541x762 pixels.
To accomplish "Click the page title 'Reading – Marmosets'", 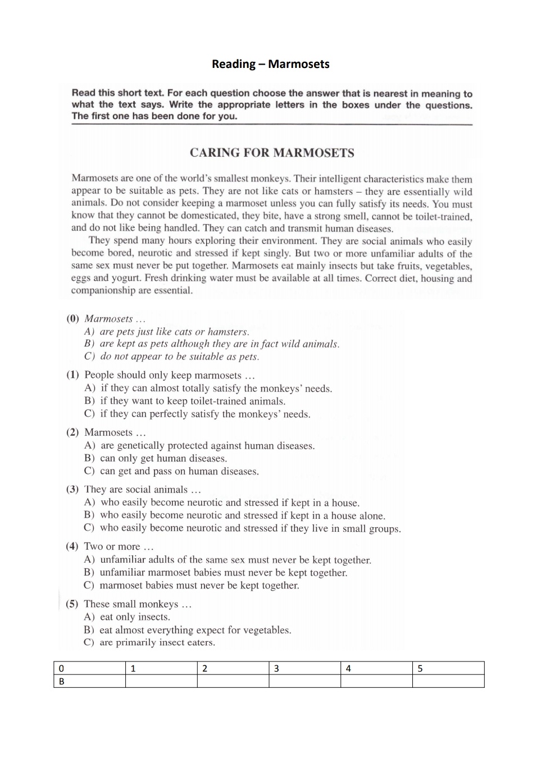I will (270, 64).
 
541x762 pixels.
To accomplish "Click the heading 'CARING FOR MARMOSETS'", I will (272, 153).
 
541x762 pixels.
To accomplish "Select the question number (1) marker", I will (72, 375).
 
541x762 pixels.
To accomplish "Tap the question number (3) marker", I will (72, 490).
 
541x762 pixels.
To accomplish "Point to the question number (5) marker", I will (72, 604).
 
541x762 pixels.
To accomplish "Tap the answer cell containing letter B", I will (89, 681).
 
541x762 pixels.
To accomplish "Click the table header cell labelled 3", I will (304, 668).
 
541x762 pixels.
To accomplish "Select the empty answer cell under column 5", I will (448, 681).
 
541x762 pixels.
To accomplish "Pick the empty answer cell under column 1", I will (161, 681).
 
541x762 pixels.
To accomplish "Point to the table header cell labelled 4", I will (376, 668).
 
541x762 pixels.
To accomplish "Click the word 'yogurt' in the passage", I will (126, 278).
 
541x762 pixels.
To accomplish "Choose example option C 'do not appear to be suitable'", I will (179, 357).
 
